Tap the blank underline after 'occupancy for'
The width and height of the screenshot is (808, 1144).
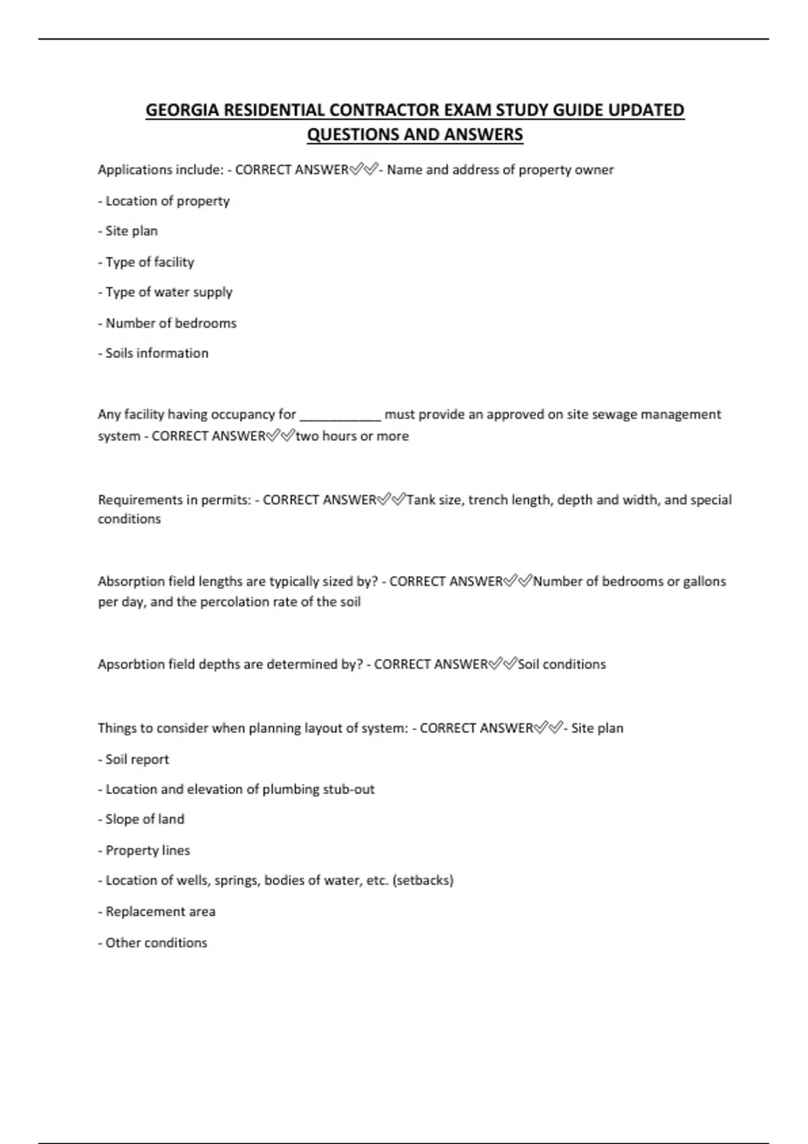tap(340, 415)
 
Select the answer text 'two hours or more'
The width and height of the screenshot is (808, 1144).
tap(352, 436)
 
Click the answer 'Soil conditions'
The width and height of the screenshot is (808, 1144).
tap(562, 664)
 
